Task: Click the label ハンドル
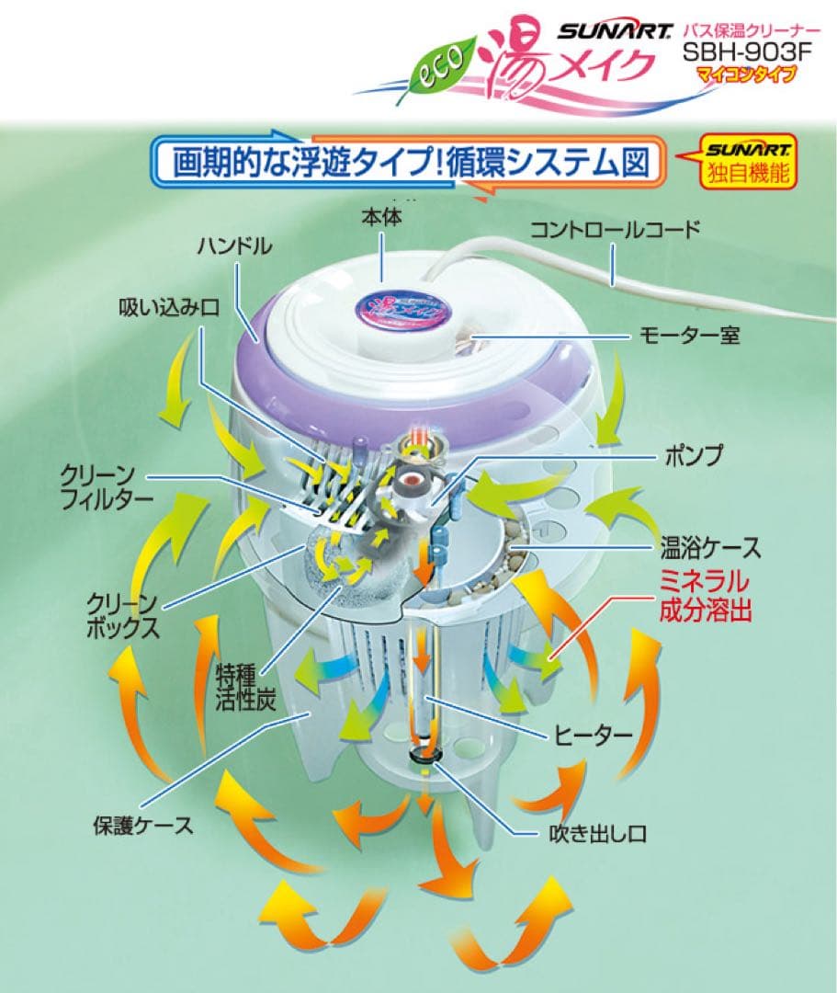(234, 245)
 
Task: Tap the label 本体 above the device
(381, 219)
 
